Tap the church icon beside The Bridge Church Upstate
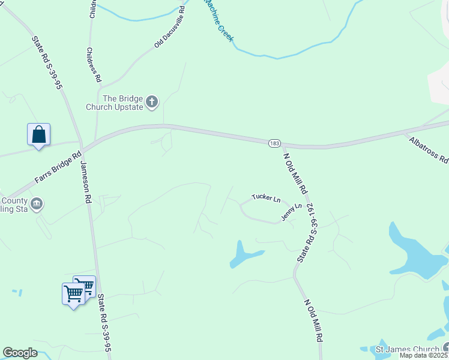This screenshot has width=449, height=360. click(152, 102)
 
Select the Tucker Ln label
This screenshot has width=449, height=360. click(266, 197)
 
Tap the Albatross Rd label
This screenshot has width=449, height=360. click(429, 151)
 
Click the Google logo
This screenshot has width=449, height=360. click(20, 353)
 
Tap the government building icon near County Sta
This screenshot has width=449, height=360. click(37, 203)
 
